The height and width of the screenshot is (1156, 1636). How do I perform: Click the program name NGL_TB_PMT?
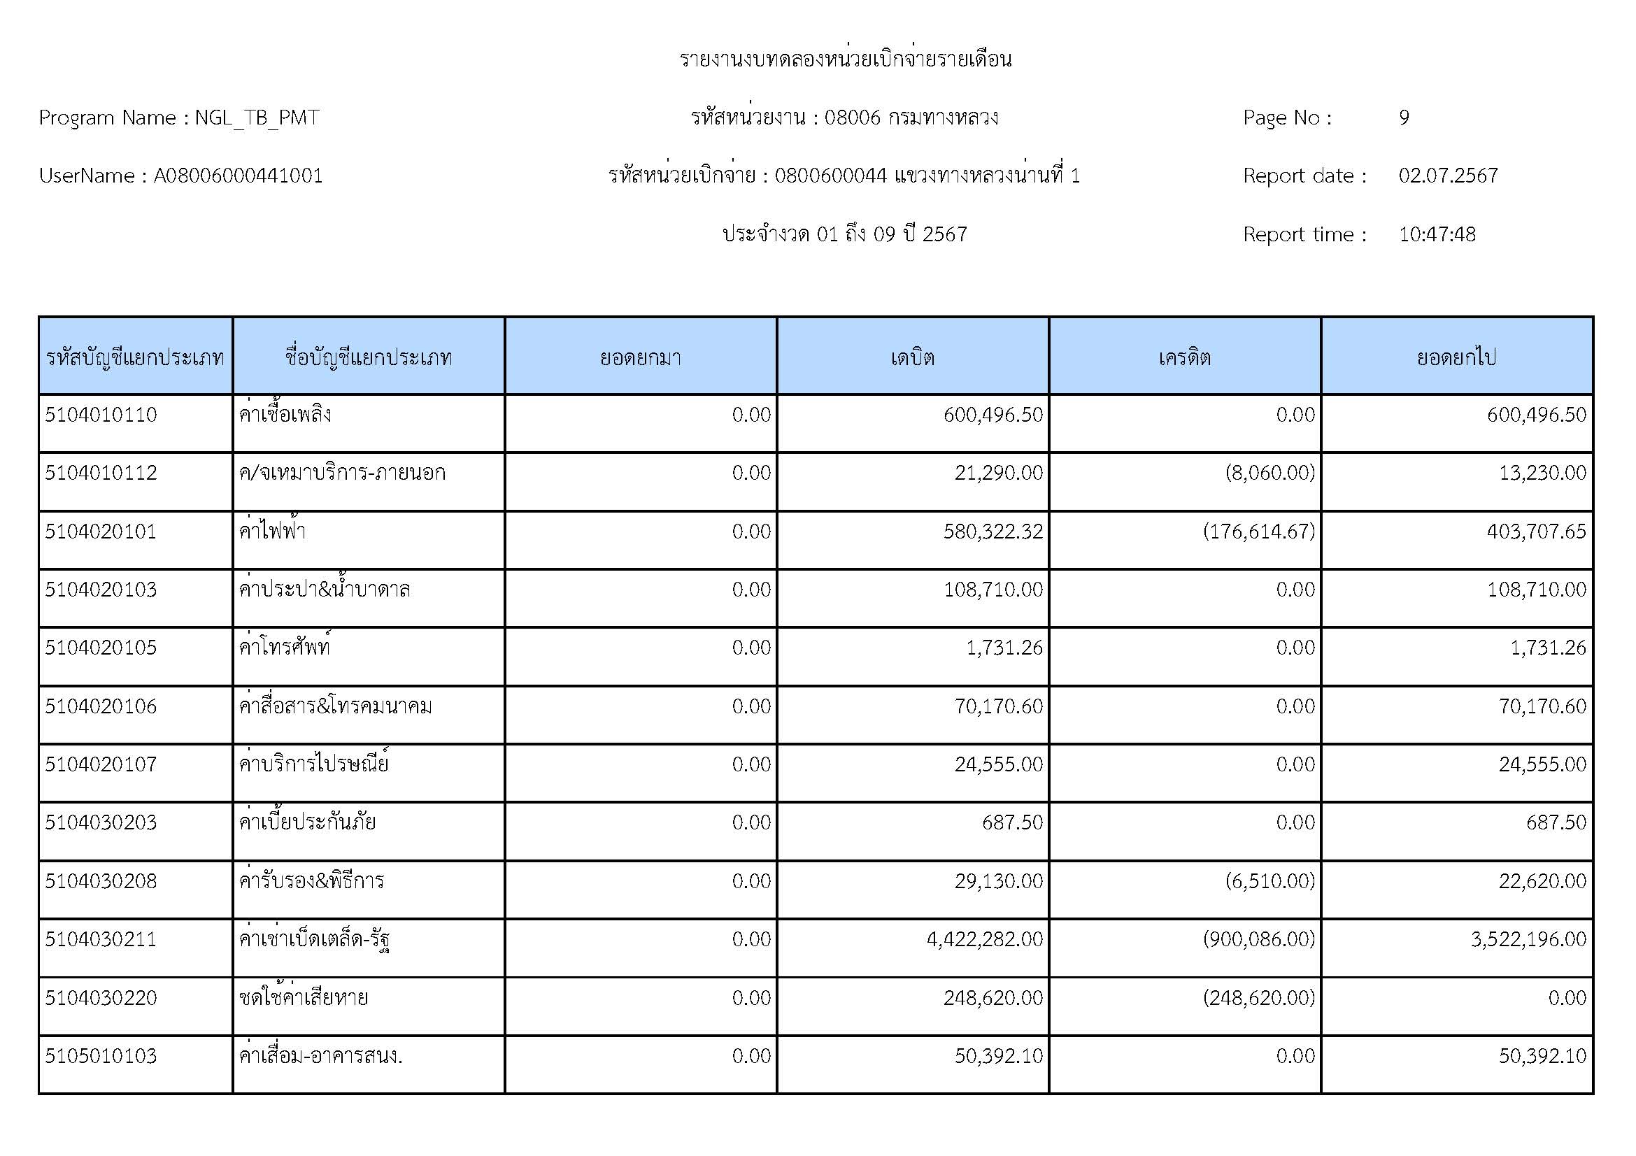(x=257, y=117)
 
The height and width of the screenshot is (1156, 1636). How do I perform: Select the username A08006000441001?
(x=238, y=176)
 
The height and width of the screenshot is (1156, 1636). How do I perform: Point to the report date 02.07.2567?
(x=1448, y=176)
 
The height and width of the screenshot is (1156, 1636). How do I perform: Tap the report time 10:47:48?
(x=1437, y=234)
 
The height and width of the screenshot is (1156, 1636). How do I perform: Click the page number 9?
(x=1403, y=117)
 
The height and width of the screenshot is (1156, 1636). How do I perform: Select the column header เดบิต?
(x=912, y=357)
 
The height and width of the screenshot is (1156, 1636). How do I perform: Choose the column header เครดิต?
(x=1184, y=357)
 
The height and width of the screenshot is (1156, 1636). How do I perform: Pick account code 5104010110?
(x=101, y=415)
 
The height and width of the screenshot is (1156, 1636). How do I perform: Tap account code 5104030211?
(x=101, y=939)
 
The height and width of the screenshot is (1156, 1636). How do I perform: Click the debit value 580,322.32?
(x=993, y=532)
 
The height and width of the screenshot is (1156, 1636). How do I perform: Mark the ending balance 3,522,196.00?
(x=1528, y=939)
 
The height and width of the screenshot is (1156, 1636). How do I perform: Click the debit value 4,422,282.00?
(x=984, y=939)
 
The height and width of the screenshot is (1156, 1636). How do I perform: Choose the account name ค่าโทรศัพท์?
(x=284, y=648)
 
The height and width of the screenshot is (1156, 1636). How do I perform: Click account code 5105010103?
(x=101, y=1056)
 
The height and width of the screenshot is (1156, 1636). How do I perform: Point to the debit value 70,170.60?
(x=998, y=706)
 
